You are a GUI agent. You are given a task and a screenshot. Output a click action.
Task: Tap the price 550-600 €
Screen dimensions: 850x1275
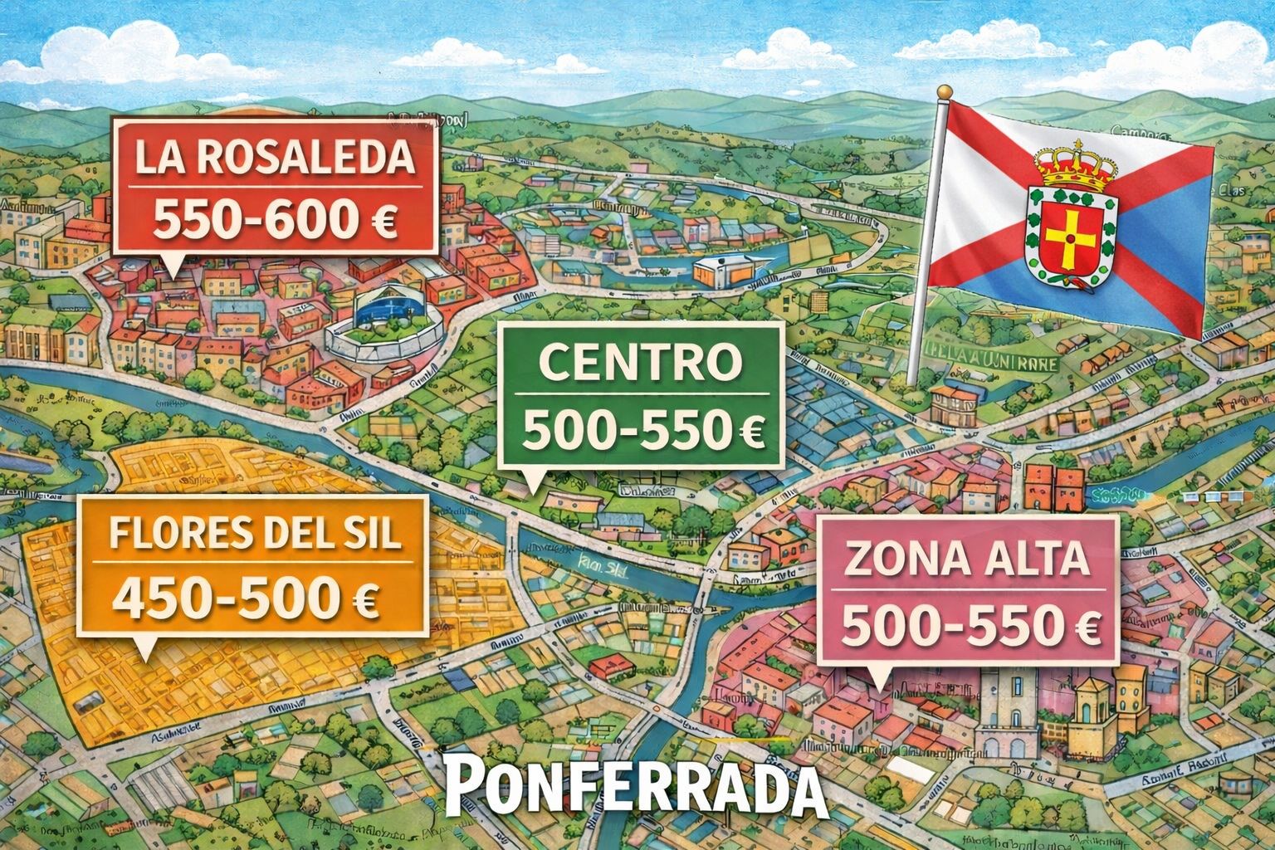[274, 218]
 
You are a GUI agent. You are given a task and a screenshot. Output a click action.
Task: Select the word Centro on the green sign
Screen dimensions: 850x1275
[639, 362]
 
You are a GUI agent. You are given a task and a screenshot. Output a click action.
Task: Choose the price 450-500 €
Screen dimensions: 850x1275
[247, 598]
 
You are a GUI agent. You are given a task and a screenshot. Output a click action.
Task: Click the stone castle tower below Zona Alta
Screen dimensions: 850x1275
[1003, 706]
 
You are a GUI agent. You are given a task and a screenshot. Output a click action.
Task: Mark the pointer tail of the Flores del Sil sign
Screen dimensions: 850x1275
[146, 646]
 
